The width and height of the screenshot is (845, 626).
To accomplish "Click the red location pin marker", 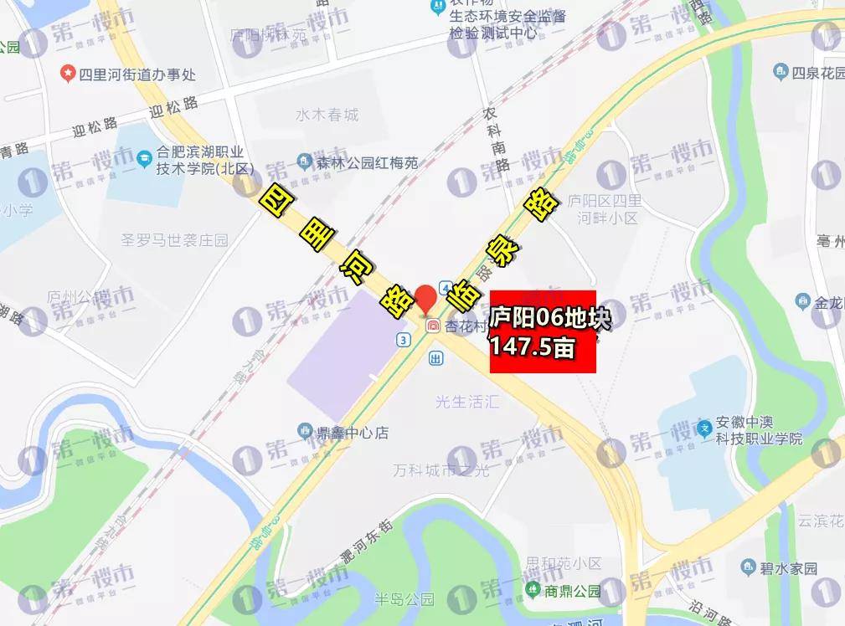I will click(x=426, y=298).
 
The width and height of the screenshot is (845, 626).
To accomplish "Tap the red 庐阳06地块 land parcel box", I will click(x=543, y=332).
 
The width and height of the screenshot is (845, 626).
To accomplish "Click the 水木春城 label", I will click(x=327, y=115).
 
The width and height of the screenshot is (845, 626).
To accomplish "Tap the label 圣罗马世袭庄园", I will click(x=174, y=240).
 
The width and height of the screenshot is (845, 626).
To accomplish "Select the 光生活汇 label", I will click(x=466, y=402).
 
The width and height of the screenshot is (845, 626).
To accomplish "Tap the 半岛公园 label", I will click(x=404, y=599).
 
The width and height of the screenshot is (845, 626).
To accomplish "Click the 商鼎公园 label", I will click(x=574, y=591).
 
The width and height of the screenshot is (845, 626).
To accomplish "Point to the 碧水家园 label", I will click(x=788, y=568).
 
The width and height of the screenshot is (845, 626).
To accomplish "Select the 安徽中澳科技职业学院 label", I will click(x=759, y=430).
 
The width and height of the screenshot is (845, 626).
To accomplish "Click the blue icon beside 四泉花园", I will click(x=781, y=73).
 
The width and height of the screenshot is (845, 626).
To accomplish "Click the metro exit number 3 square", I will click(x=404, y=339).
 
